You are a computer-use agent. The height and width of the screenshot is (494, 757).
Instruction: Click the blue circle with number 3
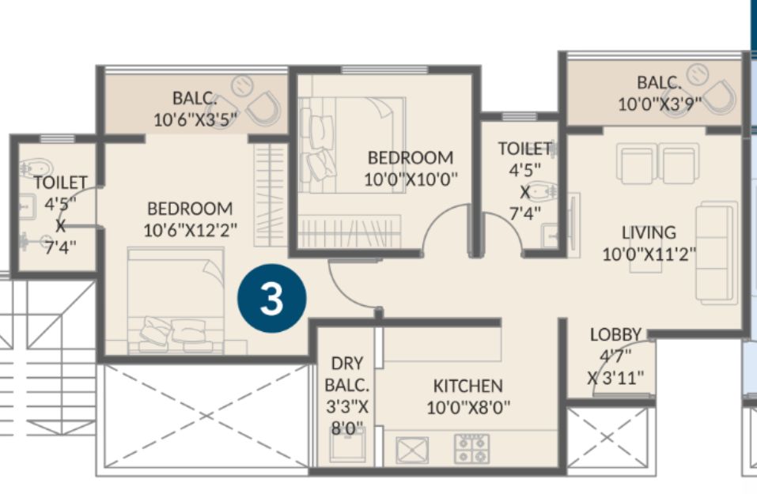[272, 299]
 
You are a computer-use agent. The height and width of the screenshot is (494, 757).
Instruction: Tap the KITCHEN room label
[467, 386]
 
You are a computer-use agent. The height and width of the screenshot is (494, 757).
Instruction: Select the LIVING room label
[649, 232]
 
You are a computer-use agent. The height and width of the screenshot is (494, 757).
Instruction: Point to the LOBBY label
[615, 334]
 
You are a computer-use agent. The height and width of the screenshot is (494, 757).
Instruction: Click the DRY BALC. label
[347, 375]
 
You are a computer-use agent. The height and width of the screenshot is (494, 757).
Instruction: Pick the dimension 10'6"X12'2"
[190, 230]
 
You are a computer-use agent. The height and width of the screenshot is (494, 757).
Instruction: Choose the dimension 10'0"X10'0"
[411, 179]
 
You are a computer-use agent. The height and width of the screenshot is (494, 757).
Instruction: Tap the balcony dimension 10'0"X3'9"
[660, 104]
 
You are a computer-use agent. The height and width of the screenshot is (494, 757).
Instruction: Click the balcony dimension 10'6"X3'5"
[196, 119]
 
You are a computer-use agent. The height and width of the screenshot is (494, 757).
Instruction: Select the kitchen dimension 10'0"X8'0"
[468, 408]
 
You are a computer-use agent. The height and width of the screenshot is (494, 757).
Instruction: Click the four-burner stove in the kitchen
[471, 449]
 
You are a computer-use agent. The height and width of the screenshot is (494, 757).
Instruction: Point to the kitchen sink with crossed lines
[412, 451]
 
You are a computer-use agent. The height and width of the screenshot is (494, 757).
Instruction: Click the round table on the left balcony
[242, 86]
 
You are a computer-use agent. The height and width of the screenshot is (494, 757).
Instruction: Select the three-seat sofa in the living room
[717, 253]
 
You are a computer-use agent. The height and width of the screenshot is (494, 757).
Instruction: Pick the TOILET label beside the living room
[524, 149]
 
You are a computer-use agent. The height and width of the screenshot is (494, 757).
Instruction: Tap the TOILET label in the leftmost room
[60, 183]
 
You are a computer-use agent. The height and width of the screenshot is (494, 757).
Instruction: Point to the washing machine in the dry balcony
[347, 443]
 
